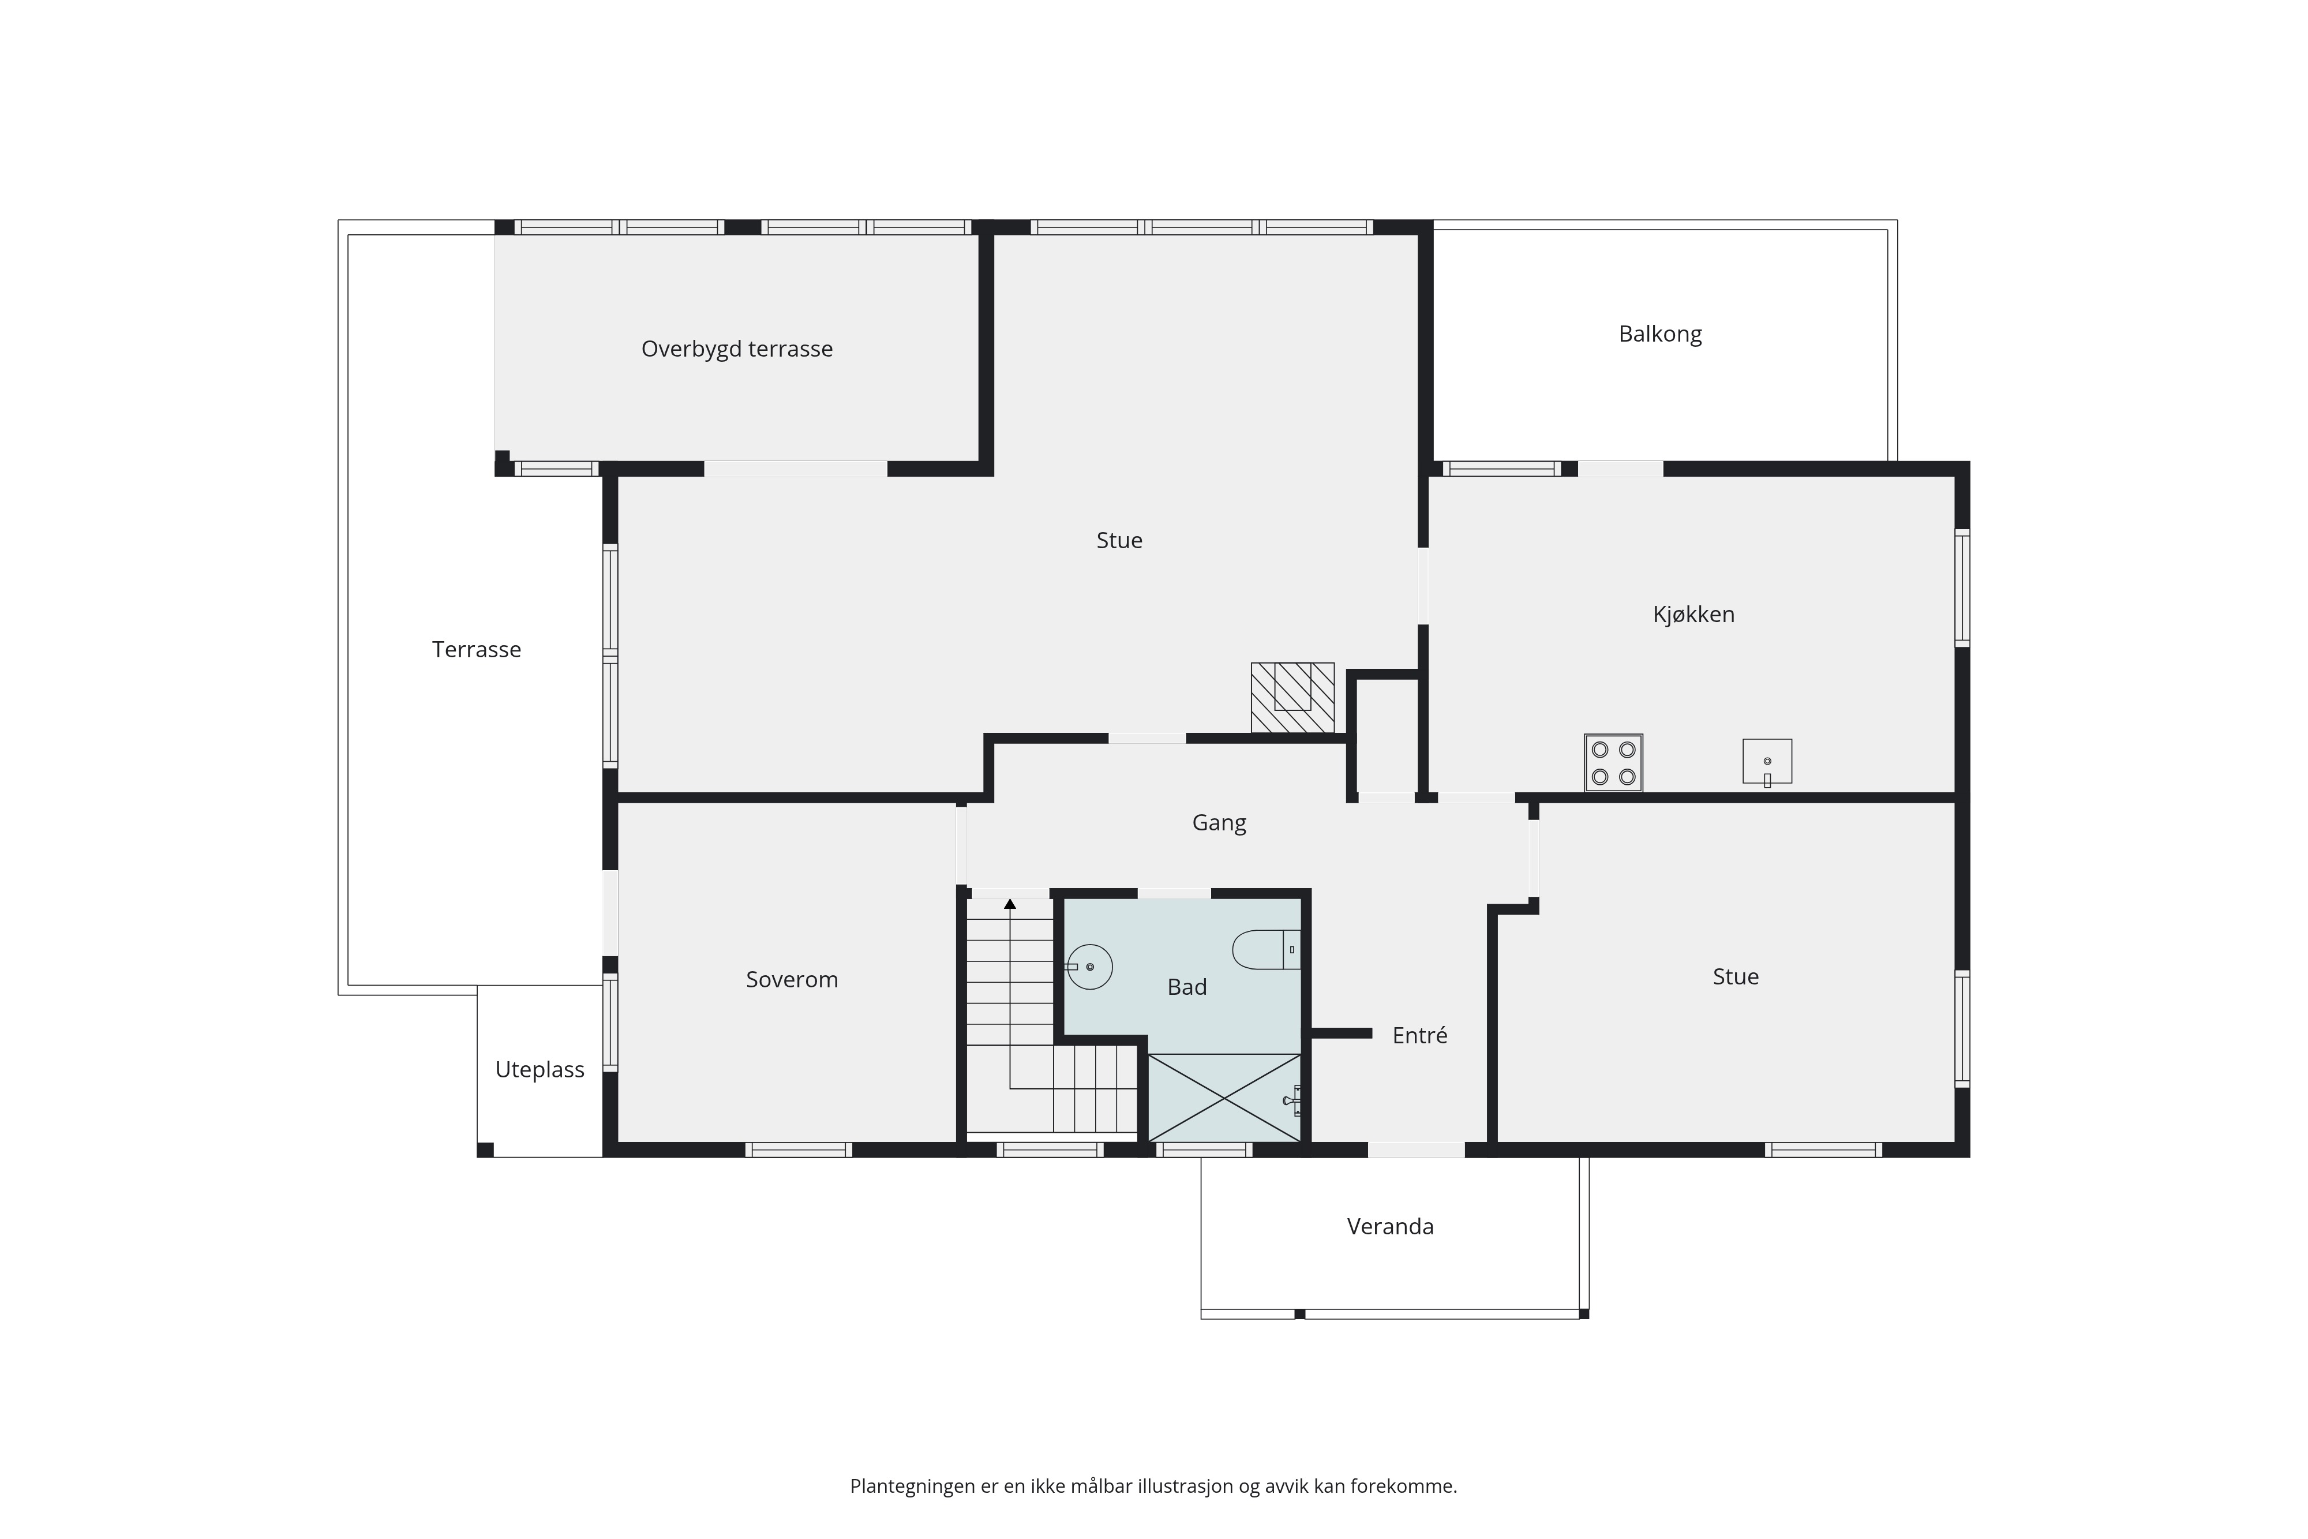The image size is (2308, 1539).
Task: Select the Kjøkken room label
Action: (x=1693, y=615)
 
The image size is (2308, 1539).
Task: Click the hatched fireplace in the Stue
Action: (x=1292, y=697)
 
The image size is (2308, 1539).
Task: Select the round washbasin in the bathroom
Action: (x=1088, y=967)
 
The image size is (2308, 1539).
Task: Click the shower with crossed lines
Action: (x=1224, y=1098)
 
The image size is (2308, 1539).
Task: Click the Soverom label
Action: (x=792, y=979)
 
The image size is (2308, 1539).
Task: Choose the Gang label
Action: (x=1219, y=823)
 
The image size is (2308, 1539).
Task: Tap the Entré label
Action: (x=1420, y=1035)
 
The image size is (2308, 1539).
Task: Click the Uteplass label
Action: (x=539, y=1070)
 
